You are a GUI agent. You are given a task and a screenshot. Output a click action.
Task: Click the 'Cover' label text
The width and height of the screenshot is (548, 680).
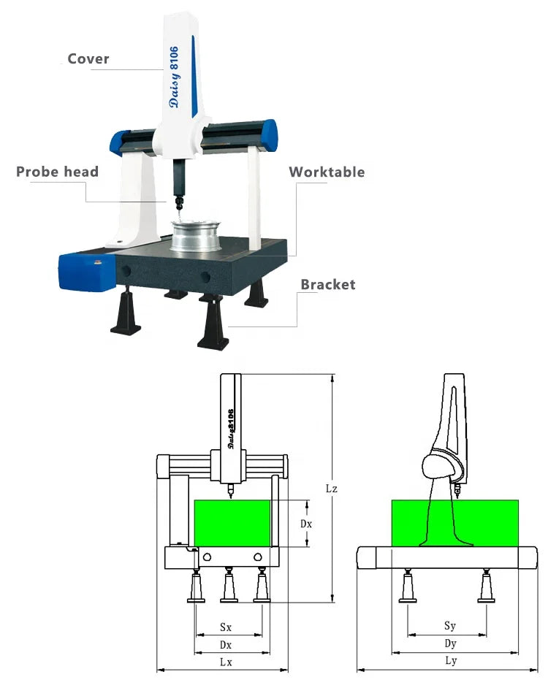(x=88, y=58)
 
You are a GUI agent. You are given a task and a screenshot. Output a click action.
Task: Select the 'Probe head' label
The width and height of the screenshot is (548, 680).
(x=57, y=172)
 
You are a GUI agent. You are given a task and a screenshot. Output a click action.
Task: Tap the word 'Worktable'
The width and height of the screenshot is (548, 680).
(x=326, y=172)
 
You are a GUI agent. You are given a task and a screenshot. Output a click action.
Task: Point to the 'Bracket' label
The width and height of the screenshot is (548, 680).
(x=328, y=284)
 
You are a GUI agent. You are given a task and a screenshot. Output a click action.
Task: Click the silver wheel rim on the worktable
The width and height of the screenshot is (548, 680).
(x=196, y=235)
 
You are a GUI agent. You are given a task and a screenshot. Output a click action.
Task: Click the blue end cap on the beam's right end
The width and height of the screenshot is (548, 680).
(x=269, y=135)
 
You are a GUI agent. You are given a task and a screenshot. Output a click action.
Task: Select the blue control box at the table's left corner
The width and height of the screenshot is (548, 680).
(x=86, y=270)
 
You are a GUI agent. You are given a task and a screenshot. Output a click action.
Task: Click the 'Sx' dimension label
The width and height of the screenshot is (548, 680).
(x=226, y=627)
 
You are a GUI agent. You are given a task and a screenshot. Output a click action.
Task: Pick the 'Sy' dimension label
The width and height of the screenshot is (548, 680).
(x=450, y=626)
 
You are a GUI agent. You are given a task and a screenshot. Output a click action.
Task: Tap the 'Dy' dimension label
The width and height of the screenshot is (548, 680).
(x=450, y=643)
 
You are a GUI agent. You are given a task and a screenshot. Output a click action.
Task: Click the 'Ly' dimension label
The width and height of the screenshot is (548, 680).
(x=450, y=661)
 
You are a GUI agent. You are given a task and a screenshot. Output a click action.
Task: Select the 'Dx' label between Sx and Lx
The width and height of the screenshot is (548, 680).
(x=226, y=644)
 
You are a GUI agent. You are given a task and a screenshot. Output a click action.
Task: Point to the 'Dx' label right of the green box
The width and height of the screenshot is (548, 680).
(x=307, y=524)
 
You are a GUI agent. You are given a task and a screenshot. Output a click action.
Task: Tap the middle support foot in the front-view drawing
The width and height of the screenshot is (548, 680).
(x=229, y=587)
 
